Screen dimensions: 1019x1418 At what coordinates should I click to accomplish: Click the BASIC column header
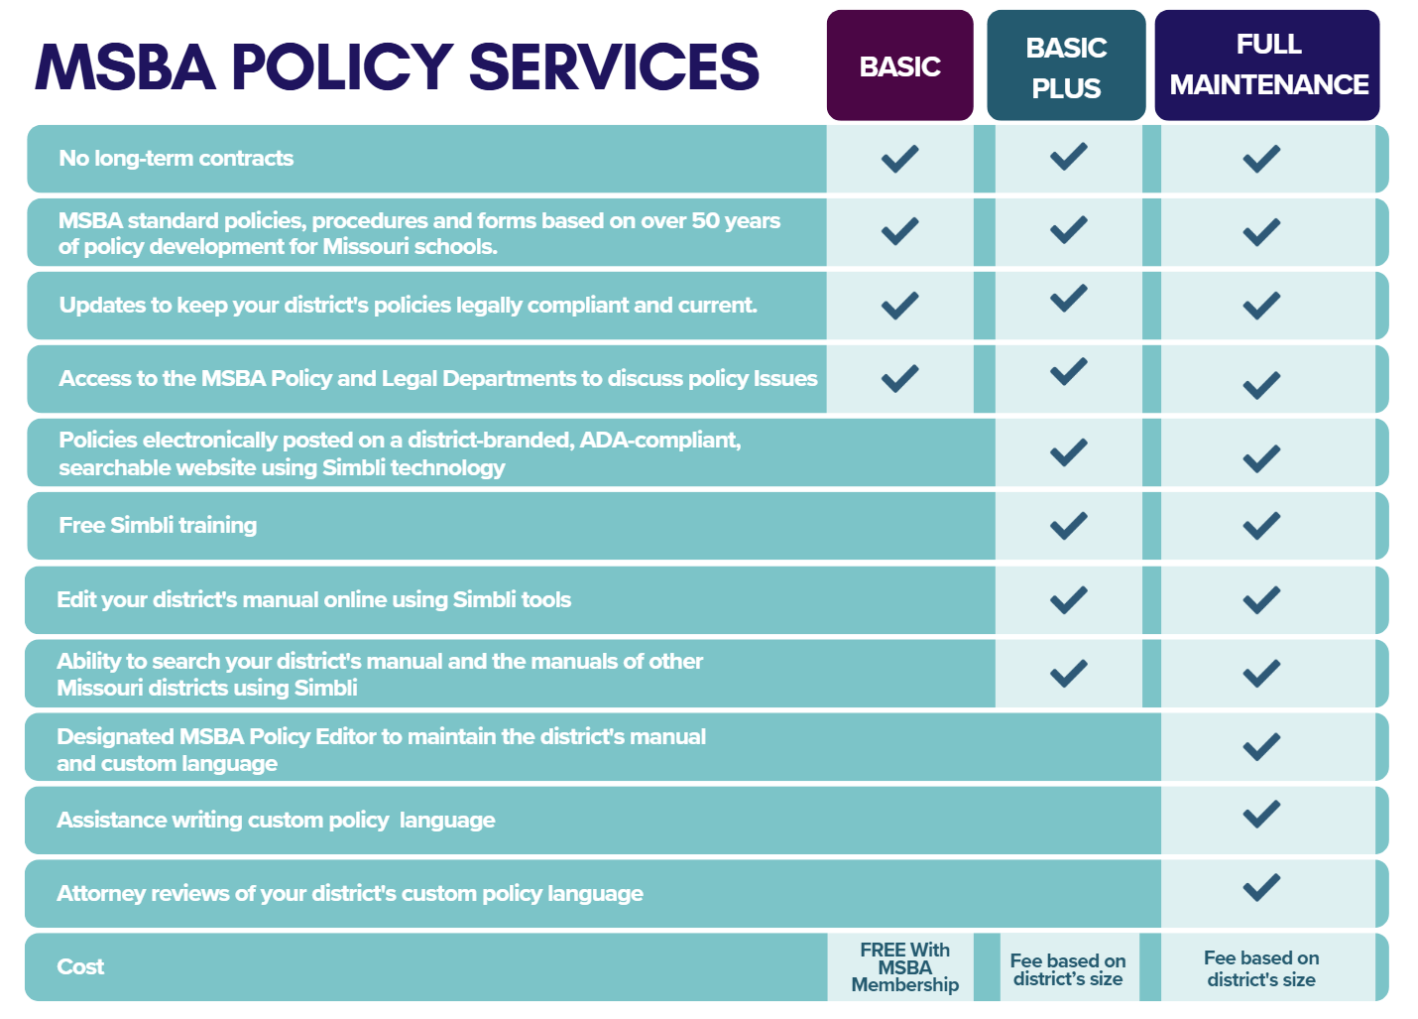899,66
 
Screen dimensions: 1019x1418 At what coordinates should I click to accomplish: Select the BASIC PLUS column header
1066,66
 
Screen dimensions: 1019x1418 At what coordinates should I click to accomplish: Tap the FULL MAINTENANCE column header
1267,64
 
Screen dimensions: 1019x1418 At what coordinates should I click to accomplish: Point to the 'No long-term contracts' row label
177,159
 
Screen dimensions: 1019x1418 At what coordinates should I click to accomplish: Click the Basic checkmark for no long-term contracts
899,159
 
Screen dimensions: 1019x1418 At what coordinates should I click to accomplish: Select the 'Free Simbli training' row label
158,526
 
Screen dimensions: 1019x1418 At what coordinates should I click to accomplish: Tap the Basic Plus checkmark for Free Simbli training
1068,526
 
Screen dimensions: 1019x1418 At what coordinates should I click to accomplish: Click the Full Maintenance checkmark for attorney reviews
1261,887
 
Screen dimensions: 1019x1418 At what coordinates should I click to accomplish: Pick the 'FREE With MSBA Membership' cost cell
904,967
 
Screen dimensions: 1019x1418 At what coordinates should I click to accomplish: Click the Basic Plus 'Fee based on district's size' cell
1068,969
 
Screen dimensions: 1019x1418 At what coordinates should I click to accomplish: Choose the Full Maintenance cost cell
1261,968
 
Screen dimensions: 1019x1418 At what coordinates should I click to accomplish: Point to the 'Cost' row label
80,967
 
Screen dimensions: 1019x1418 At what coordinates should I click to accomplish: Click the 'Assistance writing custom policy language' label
276,821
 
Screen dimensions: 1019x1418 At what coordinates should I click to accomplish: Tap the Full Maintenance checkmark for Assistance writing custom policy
1261,815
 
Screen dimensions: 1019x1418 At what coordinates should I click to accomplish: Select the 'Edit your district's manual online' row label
313,600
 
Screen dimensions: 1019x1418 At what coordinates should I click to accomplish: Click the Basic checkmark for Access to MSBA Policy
899,378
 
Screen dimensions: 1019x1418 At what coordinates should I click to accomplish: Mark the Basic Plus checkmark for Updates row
1068,299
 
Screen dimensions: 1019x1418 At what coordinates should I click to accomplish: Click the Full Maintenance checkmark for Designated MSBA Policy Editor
1261,746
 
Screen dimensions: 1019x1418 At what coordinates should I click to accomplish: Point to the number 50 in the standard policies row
705,221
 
